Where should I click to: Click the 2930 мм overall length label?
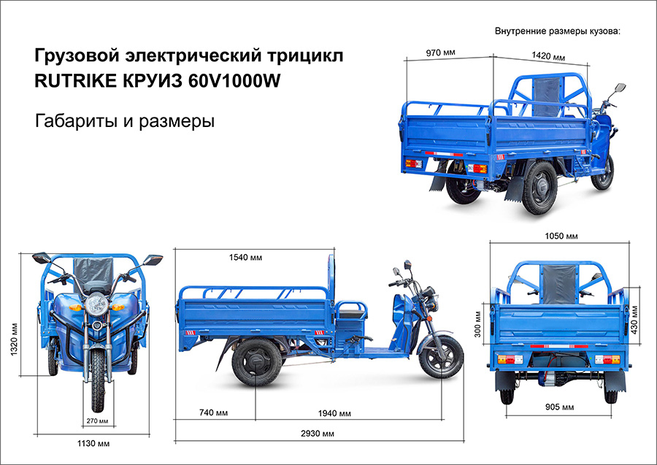tap(318, 434)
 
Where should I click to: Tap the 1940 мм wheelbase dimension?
tap(334, 413)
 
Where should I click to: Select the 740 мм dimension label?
tap(214, 412)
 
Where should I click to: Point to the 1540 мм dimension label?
tap(245, 257)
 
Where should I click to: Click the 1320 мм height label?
tap(15, 339)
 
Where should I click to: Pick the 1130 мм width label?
tap(93, 443)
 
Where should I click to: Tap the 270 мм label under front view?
tap(98, 420)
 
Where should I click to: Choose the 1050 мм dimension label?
tap(561, 237)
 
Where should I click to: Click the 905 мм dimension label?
tap(559, 407)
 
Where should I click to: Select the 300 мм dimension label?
tap(477, 324)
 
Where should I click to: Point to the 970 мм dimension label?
tap(440, 53)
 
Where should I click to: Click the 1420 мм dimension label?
tap(548, 55)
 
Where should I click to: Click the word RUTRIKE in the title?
tap(75, 80)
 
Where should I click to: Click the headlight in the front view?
tap(97, 304)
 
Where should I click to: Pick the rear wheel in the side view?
tap(257, 362)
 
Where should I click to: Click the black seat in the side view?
tap(351, 312)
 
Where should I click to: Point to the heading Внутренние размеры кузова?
tap(557, 31)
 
